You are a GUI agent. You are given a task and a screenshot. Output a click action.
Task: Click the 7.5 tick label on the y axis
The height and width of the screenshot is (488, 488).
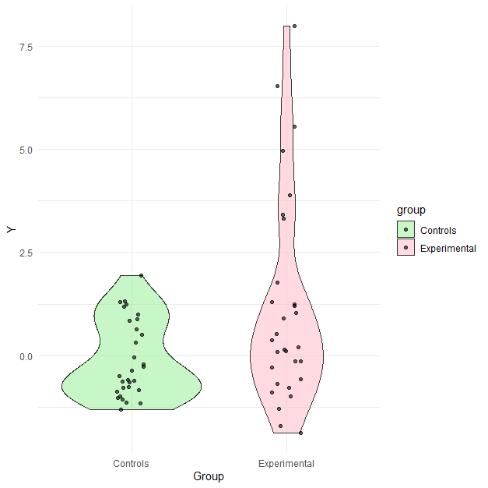coord(26,47)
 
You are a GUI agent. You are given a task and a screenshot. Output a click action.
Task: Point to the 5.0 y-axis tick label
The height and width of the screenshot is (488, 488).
coord(26,150)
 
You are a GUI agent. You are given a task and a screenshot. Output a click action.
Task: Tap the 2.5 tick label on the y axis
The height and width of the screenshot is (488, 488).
coord(26,253)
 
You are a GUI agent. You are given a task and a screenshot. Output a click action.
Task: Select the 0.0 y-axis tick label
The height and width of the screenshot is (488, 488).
coord(26,356)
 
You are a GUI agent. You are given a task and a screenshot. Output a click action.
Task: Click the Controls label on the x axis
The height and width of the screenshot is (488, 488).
coord(131,464)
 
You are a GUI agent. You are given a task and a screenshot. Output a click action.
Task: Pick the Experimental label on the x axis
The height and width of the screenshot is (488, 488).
coord(286,464)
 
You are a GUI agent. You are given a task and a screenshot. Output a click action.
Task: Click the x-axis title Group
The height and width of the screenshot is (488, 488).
coord(209,476)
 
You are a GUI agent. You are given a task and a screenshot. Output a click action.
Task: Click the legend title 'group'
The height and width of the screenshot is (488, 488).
coord(410,210)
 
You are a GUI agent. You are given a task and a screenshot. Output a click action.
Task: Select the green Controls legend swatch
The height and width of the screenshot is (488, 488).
coord(406,230)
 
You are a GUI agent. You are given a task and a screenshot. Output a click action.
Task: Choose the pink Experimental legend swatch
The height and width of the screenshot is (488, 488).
coord(406,249)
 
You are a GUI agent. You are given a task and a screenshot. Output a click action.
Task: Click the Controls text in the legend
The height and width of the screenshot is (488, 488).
coord(438,231)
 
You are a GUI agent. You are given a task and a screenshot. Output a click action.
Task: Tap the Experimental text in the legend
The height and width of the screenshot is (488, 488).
coord(448,249)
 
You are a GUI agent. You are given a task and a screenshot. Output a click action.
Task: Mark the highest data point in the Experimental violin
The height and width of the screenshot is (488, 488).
coord(294,26)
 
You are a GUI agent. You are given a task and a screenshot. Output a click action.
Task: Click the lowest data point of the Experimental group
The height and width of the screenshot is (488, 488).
coord(300,433)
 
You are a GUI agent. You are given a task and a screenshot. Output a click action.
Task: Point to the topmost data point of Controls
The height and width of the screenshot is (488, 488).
coord(141,275)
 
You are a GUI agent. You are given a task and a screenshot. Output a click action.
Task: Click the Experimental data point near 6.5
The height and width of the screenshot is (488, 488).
coord(277,86)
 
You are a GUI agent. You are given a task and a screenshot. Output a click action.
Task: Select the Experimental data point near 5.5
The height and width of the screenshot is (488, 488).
coord(294,126)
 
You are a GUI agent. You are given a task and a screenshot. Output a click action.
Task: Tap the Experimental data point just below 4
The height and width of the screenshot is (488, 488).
coord(290,196)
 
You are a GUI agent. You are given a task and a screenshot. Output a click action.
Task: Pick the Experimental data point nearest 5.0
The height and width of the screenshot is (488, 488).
coord(283,150)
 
